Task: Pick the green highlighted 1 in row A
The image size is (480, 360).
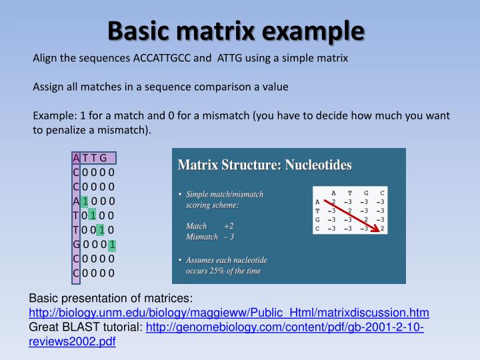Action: tap(85, 201)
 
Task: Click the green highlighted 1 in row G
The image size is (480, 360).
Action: tap(113, 244)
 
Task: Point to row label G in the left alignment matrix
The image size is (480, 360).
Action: tap(76, 244)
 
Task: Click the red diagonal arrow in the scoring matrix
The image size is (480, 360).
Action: tap(356, 215)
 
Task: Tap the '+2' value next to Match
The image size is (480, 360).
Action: tap(229, 226)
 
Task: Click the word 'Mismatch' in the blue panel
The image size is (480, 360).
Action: tap(201, 237)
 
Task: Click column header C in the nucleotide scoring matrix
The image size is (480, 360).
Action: tap(381, 193)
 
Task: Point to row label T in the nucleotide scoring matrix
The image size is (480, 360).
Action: tap(317, 211)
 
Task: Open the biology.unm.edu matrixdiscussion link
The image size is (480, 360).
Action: tap(229, 313)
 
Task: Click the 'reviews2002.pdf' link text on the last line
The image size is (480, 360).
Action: tap(71, 341)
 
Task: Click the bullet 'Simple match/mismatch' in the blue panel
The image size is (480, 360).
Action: tap(225, 194)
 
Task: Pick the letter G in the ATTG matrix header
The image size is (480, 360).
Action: tap(103, 158)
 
